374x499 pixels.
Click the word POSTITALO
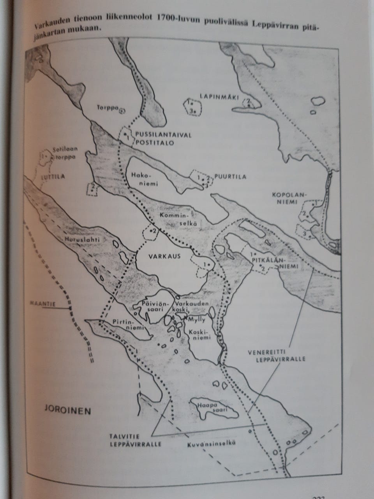(153, 143)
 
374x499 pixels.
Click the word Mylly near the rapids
(196, 318)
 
